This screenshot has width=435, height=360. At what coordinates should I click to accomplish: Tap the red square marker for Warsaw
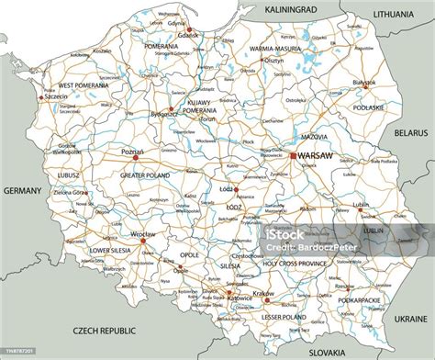tap(294, 156)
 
